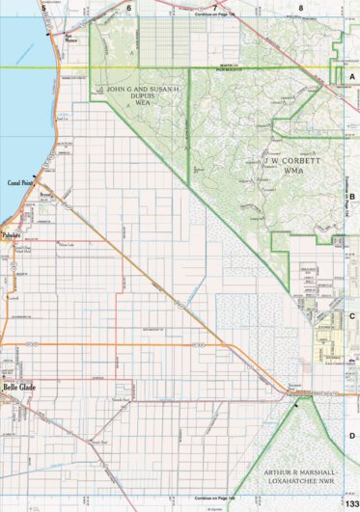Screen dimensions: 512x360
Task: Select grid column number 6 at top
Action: pos(128,7)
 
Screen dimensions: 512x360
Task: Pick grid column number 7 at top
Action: pos(214,8)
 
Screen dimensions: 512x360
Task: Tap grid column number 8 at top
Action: pos(300,8)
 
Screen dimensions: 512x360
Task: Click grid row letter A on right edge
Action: pos(352,74)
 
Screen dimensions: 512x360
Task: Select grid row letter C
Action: pos(352,315)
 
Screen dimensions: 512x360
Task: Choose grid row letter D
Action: pos(352,436)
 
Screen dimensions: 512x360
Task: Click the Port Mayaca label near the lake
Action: pos(70,40)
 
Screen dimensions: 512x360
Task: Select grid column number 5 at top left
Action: pos(42,7)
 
